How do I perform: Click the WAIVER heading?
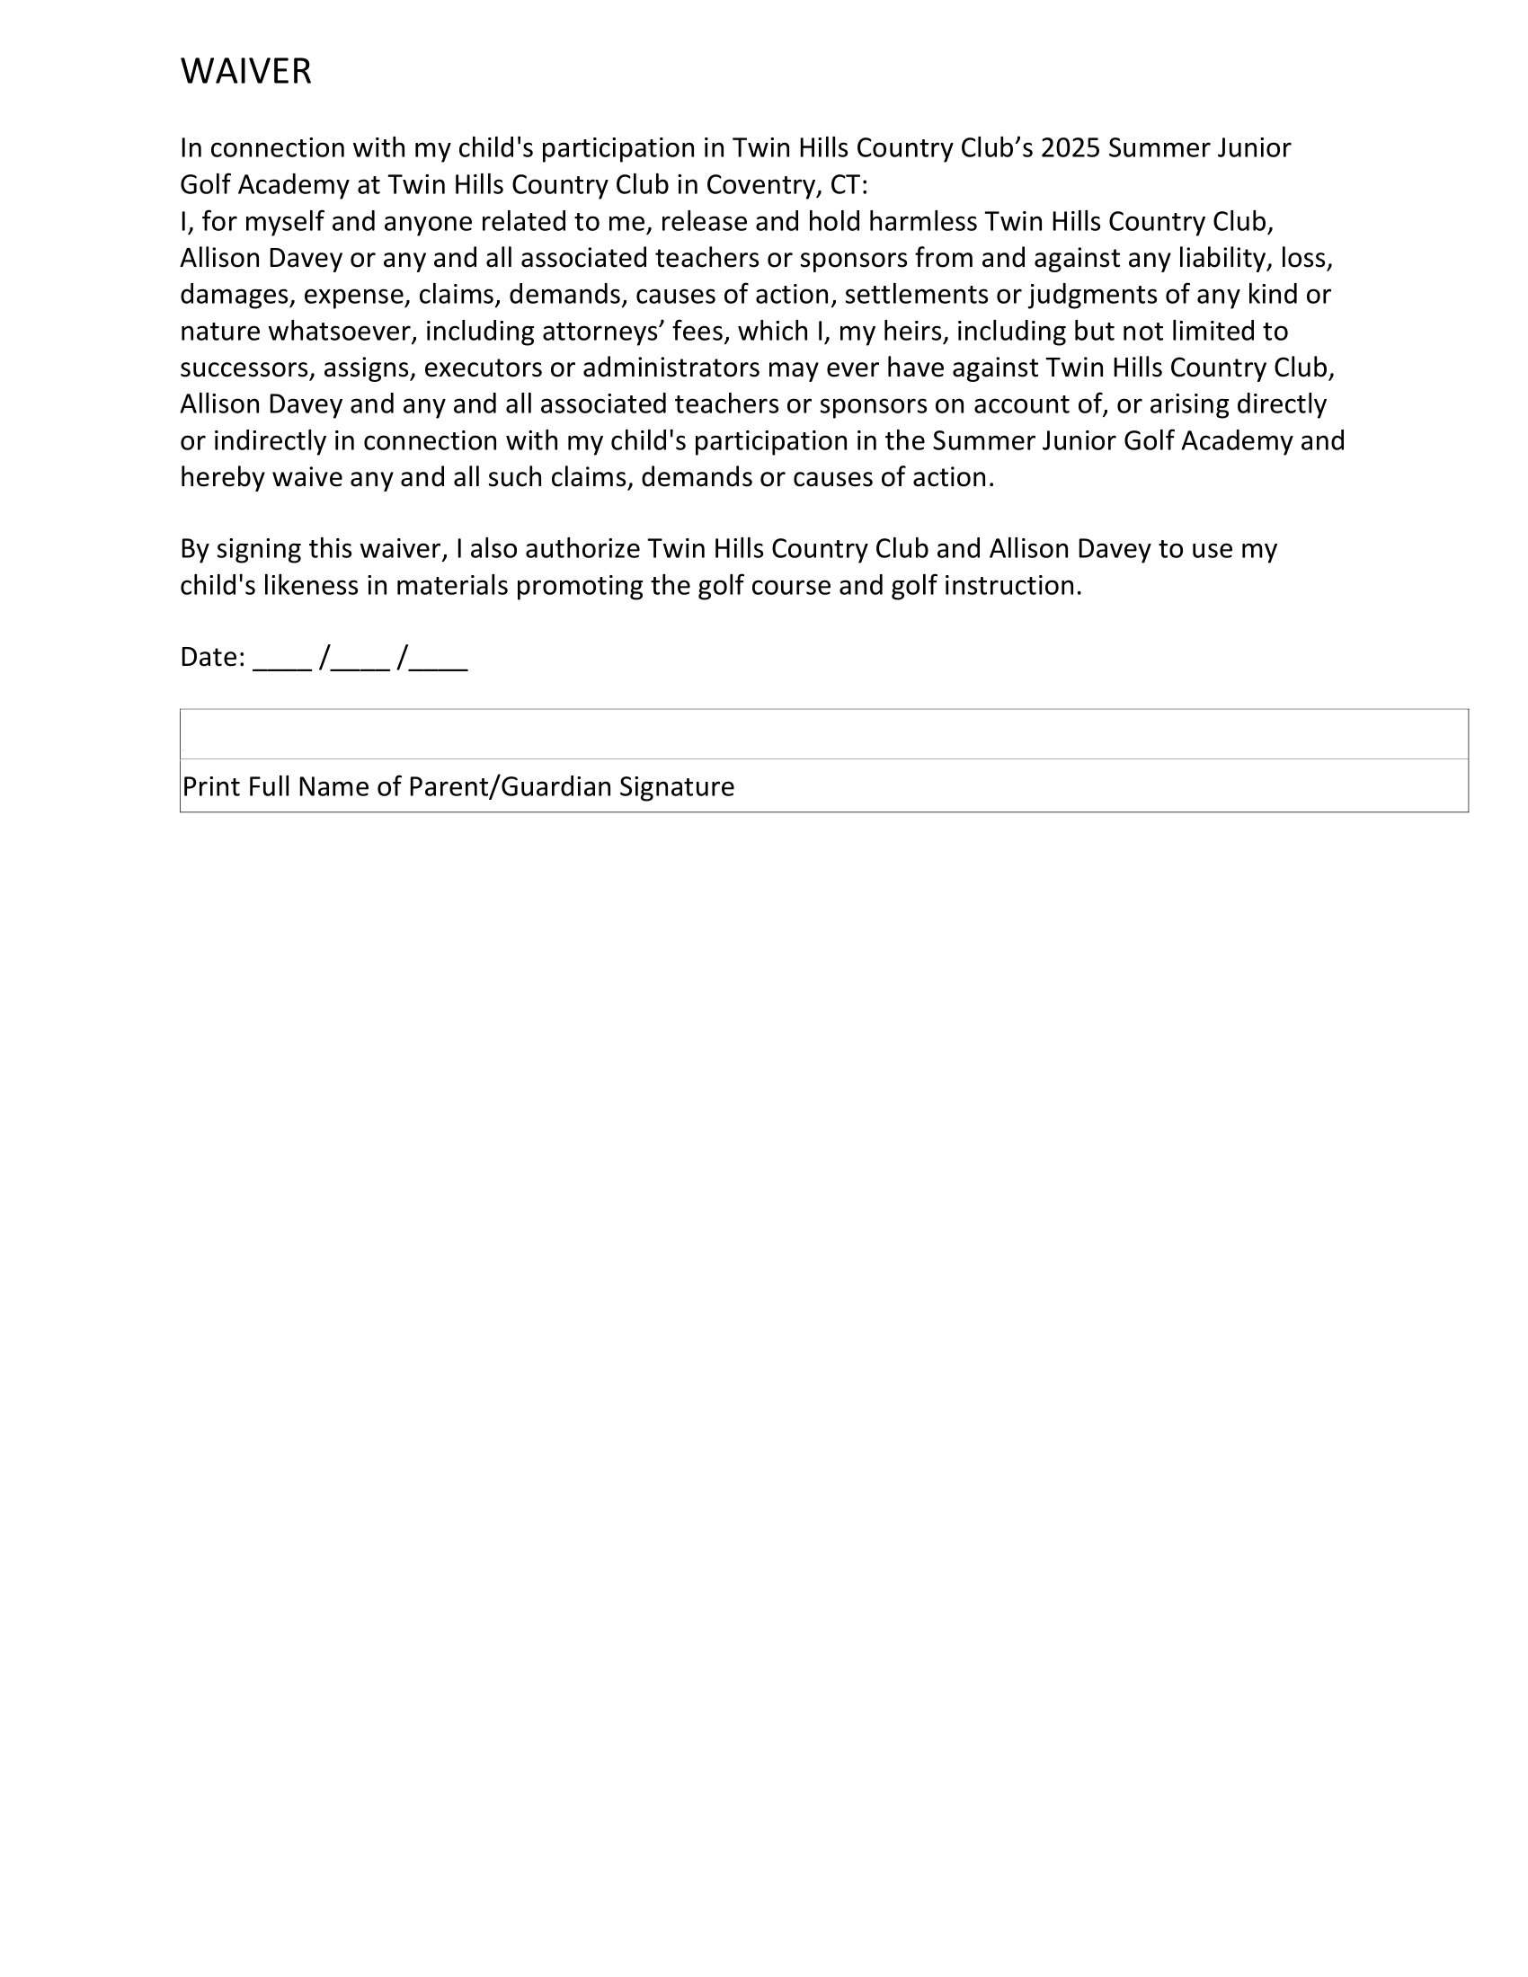click(x=245, y=72)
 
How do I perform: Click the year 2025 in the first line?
click(x=1070, y=147)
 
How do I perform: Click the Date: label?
click(x=213, y=657)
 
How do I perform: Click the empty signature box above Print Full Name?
click(x=823, y=734)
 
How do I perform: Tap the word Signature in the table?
click(x=676, y=786)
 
